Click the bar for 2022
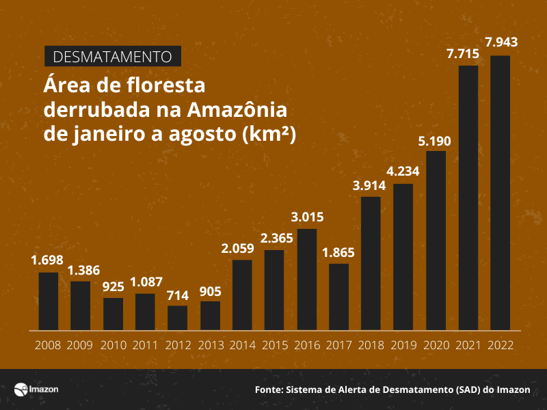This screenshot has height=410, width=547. pyautogui.click(x=500, y=192)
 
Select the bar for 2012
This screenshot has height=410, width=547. pyautogui.click(x=178, y=317)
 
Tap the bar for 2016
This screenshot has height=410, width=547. pyautogui.click(x=307, y=279)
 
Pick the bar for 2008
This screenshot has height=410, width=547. pyautogui.click(x=49, y=301)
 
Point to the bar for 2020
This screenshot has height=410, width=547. pyautogui.click(x=436, y=240)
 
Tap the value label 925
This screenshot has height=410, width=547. pyautogui.click(x=113, y=286)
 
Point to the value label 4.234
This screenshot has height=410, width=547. pyautogui.click(x=403, y=172)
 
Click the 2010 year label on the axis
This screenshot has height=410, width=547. pyautogui.click(x=113, y=345)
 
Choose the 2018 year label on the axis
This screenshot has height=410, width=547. pyautogui.click(x=371, y=345)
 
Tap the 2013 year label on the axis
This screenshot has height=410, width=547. pyautogui.click(x=210, y=345)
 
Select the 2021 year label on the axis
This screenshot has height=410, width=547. pyautogui.click(x=468, y=345)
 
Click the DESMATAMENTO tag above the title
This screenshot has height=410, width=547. pyautogui.click(x=113, y=56)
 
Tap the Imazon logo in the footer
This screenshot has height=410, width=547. pyautogui.click(x=36, y=389)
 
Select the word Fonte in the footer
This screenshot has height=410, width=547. pyautogui.click(x=269, y=390)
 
